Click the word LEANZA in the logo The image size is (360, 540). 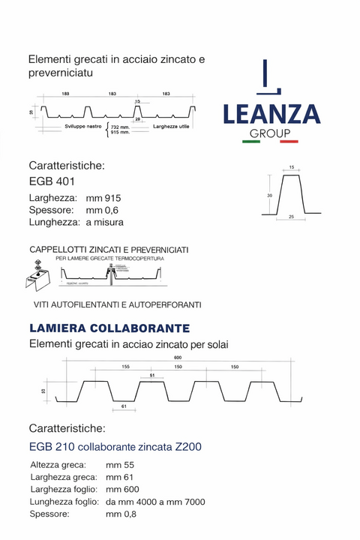pyautogui.click(x=271, y=115)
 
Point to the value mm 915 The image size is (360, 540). pyautogui.click(x=103, y=197)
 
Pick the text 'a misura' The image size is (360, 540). pyautogui.click(x=104, y=223)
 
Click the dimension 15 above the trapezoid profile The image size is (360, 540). pyautogui.click(x=291, y=167)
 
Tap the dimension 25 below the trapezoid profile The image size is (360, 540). pyautogui.click(x=292, y=217)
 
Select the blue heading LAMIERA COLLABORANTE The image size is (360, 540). pyautogui.click(x=109, y=328)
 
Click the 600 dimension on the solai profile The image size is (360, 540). pyautogui.click(x=177, y=358)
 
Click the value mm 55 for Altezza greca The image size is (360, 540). pyautogui.click(x=120, y=465)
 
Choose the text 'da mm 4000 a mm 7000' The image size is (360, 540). pyautogui.click(x=155, y=502)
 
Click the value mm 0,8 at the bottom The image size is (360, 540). pyautogui.click(x=122, y=514)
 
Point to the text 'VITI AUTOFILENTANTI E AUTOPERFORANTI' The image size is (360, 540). pyautogui.click(x=118, y=305)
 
